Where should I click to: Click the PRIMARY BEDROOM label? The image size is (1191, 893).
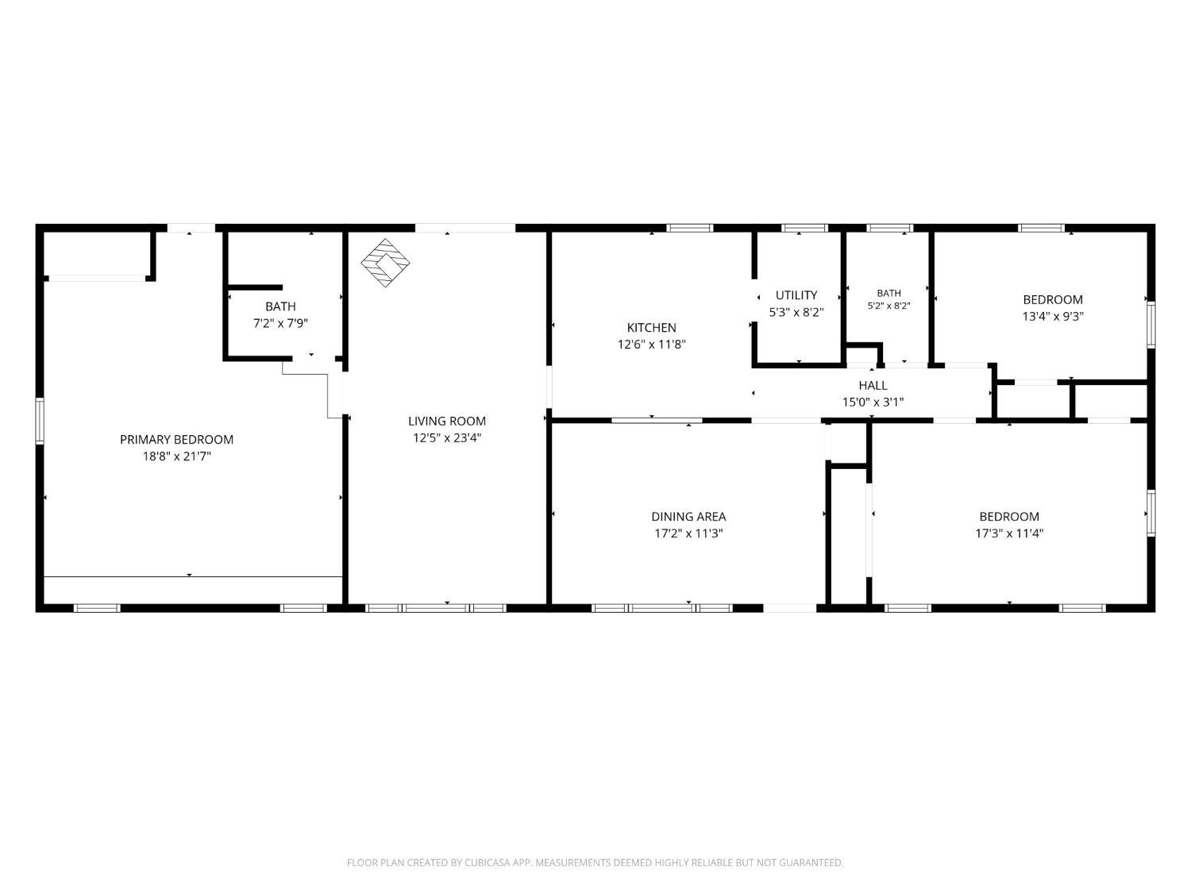[x=176, y=439]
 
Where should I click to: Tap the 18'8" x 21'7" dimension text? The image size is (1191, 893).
[x=176, y=456]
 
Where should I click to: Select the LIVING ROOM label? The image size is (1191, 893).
[x=446, y=421]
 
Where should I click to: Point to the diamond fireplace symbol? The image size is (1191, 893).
[x=385, y=263]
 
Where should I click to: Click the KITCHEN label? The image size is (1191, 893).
[x=651, y=328]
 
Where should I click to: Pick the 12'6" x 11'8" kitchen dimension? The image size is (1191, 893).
[x=651, y=344]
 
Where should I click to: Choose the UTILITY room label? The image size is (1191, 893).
[x=796, y=295]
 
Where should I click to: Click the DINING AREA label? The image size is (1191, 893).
[x=688, y=516]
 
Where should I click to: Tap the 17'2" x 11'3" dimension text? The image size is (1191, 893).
[x=688, y=533]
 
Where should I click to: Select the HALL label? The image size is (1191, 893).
[x=873, y=386]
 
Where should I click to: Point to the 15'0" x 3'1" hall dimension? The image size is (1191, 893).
[x=873, y=402]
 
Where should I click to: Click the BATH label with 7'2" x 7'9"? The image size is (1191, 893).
[x=280, y=306]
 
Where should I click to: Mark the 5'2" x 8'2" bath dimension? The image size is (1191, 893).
[x=888, y=306]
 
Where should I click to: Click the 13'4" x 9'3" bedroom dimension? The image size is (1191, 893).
[x=1053, y=316]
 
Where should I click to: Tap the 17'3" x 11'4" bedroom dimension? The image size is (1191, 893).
[x=1009, y=533]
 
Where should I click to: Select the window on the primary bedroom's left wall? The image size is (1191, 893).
[x=40, y=421]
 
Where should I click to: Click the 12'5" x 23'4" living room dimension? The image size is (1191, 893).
[x=446, y=437]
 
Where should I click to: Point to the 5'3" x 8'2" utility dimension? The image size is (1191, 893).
[x=796, y=312]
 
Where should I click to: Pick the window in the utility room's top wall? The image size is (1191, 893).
[x=804, y=229]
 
